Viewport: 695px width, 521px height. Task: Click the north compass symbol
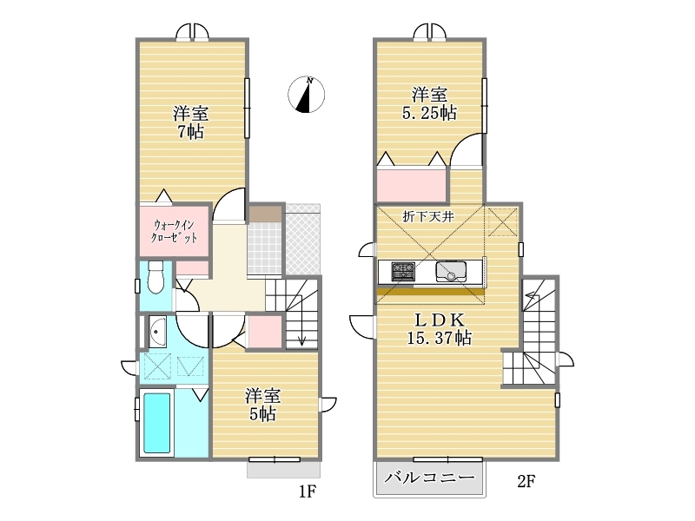307,95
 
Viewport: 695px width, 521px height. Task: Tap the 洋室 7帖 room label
190,122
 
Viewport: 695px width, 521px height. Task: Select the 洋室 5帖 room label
263,405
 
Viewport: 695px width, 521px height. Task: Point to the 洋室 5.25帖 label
429,103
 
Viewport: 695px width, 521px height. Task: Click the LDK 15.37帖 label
440,329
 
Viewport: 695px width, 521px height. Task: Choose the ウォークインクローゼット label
174,231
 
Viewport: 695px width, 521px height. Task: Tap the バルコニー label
429,477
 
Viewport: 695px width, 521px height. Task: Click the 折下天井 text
428,216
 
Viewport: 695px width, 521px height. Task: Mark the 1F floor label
307,491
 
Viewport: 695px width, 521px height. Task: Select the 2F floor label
526,481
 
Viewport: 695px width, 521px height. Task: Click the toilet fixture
156,277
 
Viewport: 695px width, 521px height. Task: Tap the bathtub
157,423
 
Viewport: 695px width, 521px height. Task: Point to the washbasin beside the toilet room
157,332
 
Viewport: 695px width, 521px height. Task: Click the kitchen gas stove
403,272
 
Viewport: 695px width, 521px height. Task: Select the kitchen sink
451,272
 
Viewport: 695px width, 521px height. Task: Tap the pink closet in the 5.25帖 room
410,185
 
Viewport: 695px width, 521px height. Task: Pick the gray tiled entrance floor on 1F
265,248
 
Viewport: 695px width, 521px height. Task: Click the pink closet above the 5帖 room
265,332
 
